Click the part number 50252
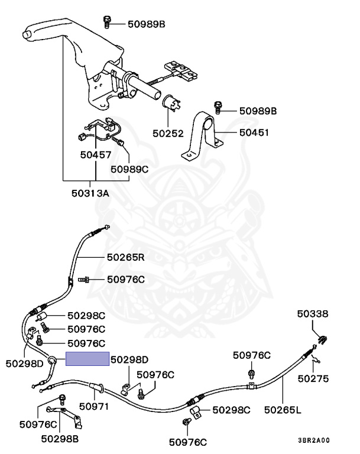click(x=168, y=134)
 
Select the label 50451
click(x=254, y=132)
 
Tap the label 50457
click(x=96, y=155)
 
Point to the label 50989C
click(x=129, y=169)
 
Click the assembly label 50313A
click(x=90, y=193)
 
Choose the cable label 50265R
click(x=125, y=257)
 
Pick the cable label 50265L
click(x=283, y=410)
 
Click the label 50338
click(x=313, y=314)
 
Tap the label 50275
click(x=313, y=379)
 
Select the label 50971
click(x=94, y=407)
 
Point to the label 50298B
click(x=60, y=439)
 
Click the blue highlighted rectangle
click(x=87, y=359)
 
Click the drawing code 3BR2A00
click(x=314, y=440)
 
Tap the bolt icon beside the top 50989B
click(x=107, y=22)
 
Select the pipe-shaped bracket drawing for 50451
click(x=202, y=135)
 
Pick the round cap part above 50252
click(x=171, y=103)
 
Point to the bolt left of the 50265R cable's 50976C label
click(x=83, y=280)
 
